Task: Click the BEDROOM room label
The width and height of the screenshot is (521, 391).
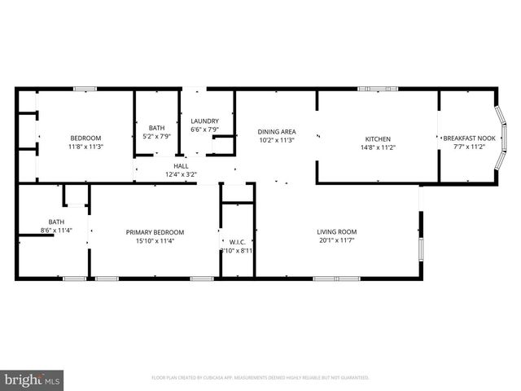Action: pyautogui.click(x=85, y=138)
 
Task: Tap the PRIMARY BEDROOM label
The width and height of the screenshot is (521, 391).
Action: pyautogui.click(x=155, y=231)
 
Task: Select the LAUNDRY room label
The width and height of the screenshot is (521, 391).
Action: pyautogui.click(x=205, y=121)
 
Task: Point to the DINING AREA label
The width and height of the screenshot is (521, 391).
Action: pyautogui.click(x=277, y=131)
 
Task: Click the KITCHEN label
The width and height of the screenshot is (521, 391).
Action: pyautogui.click(x=378, y=139)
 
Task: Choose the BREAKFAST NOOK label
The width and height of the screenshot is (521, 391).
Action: pyautogui.click(x=469, y=139)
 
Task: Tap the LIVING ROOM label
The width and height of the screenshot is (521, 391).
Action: pyautogui.click(x=337, y=231)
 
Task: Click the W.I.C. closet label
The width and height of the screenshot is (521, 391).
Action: pyautogui.click(x=238, y=241)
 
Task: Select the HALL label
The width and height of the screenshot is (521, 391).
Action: pyautogui.click(x=181, y=165)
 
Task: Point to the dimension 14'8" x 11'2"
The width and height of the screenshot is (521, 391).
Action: pyautogui.click(x=378, y=148)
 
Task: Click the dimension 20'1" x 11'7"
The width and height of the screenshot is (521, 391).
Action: pyautogui.click(x=337, y=240)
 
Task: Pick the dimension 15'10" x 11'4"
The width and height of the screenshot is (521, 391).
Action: pyautogui.click(x=155, y=240)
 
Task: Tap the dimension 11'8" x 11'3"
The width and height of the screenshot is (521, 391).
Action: pyautogui.click(x=85, y=147)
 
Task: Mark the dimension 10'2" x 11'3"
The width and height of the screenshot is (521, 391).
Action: pyautogui.click(x=277, y=140)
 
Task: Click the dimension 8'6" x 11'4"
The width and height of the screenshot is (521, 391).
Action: pyautogui.click(x=56, y=231)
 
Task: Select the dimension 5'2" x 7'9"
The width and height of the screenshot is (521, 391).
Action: pyautogui.click(x=157, y=136)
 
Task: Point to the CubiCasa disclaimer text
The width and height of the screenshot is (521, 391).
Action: pyautogui.click(x=260, y=378)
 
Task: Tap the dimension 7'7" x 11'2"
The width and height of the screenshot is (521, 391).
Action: pyautogui.click(x=469, y=148)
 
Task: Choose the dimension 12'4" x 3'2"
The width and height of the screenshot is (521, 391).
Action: pyautogui.click(x=181, y=174)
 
